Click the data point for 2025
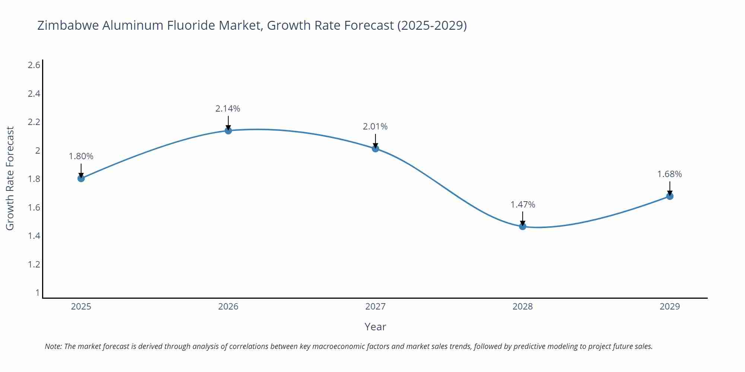coord(81,178)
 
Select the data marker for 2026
coord(228,131)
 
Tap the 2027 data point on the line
coord(375,148)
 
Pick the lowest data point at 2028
coord(523,226)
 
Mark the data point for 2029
coord(670,196)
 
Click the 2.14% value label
coord(228,109)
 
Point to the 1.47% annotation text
coord(523,205)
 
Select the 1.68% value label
coord(669,174)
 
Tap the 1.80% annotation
coord(81,156)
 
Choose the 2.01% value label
coord(375,126)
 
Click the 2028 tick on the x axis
coord(523,307)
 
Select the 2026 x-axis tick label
coord(228,307)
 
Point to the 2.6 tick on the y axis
coord(34,65)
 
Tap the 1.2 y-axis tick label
coord(34,264)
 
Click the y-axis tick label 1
coord(37,293)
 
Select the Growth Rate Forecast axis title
coord(10,179)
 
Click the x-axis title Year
coord(375,327)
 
